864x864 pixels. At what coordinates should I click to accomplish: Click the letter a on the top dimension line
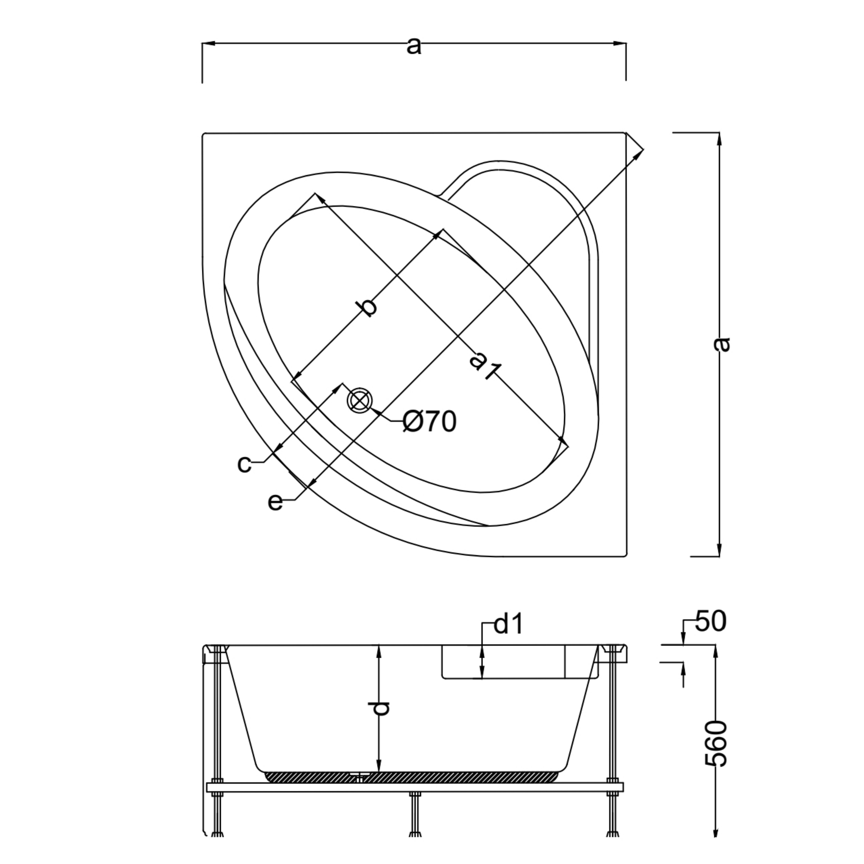414,46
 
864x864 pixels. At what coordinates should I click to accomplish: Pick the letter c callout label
245,464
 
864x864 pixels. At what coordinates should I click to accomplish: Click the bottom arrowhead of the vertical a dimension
719,549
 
